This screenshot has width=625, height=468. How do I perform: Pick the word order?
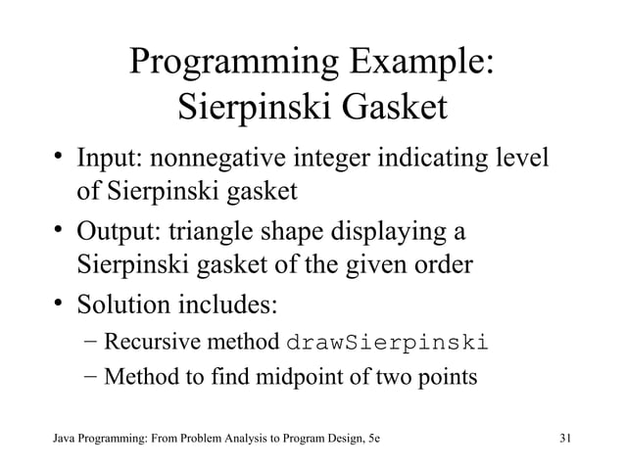coord(442,265)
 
